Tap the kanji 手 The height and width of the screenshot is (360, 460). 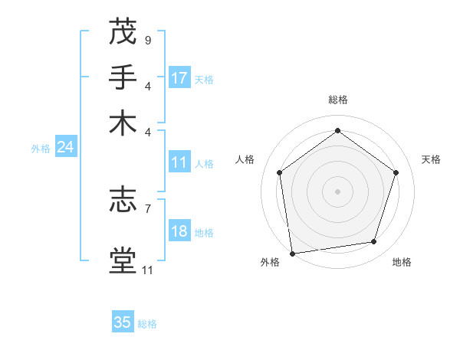pos(123,77)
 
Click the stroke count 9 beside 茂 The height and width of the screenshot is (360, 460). pos(147,40)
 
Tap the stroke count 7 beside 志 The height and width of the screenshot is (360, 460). pos(147,208)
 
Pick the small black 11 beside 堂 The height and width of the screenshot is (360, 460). pos(147,270)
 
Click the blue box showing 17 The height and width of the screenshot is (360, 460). pos(179,78)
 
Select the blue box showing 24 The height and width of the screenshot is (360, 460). pos(65,148)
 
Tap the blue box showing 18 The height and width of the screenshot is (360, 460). pos(179,232)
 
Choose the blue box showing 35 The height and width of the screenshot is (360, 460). pos(123,322)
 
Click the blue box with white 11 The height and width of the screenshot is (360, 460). pos(179,162)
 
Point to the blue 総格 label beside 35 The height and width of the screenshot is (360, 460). pos(147,324)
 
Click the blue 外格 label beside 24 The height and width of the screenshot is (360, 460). pos(41,149)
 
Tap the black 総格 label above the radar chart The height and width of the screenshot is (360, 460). pos(337,100)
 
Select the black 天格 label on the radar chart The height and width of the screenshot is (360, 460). pos(431,159)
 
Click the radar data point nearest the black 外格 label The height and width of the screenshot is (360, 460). pos(292,253)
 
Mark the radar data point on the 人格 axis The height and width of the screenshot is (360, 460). pos(279,172)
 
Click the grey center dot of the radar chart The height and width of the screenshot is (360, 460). pos(337,191)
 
